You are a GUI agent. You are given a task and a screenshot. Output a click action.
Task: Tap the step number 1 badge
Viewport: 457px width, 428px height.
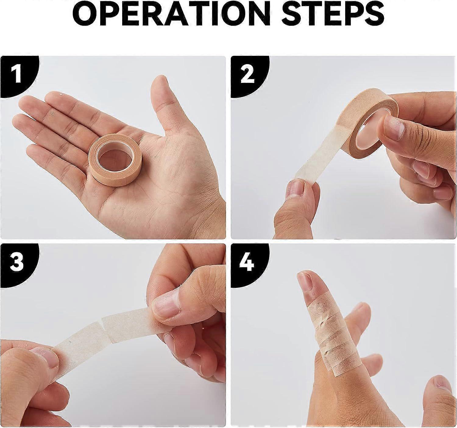[17, 75]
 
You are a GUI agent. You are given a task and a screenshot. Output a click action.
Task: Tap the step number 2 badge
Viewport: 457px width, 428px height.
[247, 75]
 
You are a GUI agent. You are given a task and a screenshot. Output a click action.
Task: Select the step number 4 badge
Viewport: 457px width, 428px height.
[247, 262]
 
